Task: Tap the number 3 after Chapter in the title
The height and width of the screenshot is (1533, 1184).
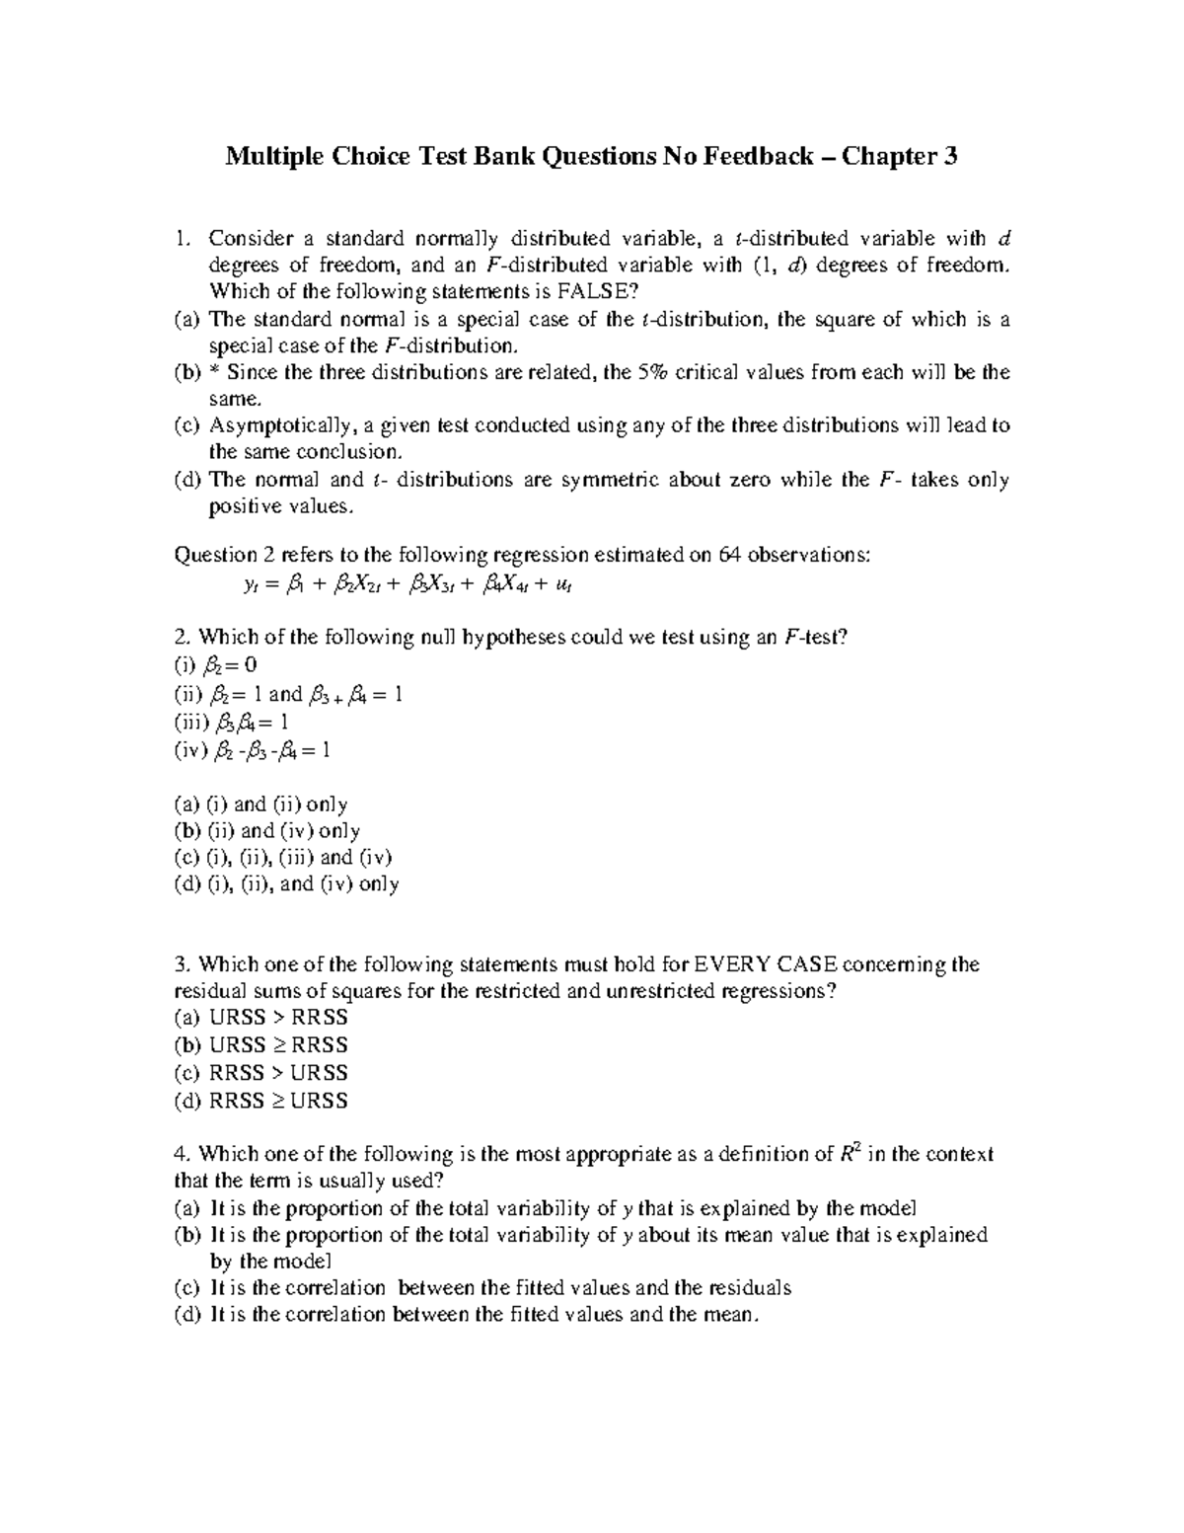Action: [950, 156]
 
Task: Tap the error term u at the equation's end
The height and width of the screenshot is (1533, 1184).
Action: [564, 584]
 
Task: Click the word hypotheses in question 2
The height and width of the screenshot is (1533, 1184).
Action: [528, 638]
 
